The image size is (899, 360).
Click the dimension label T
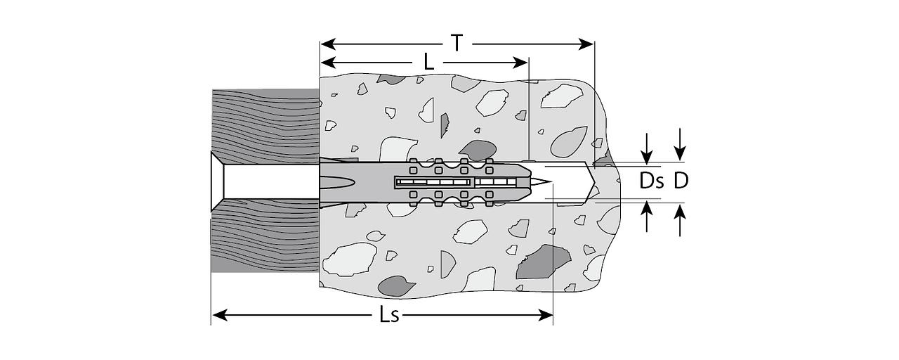point(457,44)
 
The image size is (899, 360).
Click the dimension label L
point(428,63)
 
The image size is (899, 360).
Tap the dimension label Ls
point(389,316)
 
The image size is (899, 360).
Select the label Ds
point(651,181)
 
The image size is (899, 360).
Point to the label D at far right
point(681,181)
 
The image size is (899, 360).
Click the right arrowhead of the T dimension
point(586,44)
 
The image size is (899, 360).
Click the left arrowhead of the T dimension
point(328,44)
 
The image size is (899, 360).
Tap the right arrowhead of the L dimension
point(520,63)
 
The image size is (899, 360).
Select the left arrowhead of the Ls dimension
point(220,316)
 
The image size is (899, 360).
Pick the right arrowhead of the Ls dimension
point(545,316)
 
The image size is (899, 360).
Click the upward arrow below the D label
point(679,220)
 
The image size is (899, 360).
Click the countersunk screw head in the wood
point(217,181)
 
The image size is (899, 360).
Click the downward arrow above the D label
point(679,145)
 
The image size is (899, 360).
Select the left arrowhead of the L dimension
point(328,63)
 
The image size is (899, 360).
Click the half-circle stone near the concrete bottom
point(447,264)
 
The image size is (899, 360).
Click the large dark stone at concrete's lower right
point(543,262)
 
